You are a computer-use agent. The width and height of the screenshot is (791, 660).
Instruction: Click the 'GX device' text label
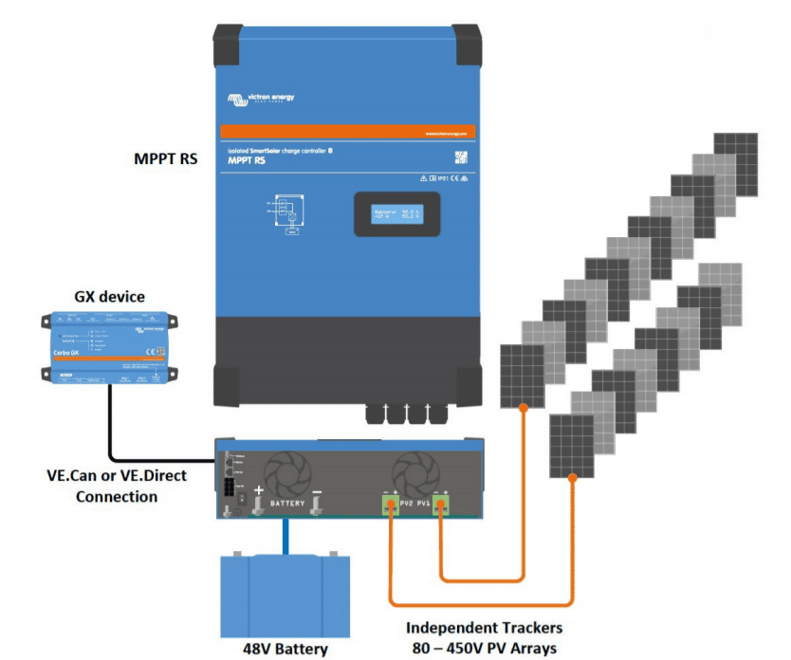[x=109, y=297]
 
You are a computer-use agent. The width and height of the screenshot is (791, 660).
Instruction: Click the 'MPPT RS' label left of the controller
[x=166, y=158]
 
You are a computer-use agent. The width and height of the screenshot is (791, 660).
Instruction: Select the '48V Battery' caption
[x=284, y=649]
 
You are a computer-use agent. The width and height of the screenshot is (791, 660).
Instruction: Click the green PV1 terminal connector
[x=440, y=504]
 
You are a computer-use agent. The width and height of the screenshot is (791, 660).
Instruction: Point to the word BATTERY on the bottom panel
[x=287, y=503]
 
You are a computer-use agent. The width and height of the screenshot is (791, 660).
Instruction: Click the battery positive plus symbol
[x=257, y=489]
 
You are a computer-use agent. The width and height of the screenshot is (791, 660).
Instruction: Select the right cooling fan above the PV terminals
[x=417, y=468]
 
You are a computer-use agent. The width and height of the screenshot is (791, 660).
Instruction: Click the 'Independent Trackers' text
[x=484, y=628]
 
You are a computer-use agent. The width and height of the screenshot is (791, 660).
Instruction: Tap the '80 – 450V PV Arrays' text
[x=484, y=648]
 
